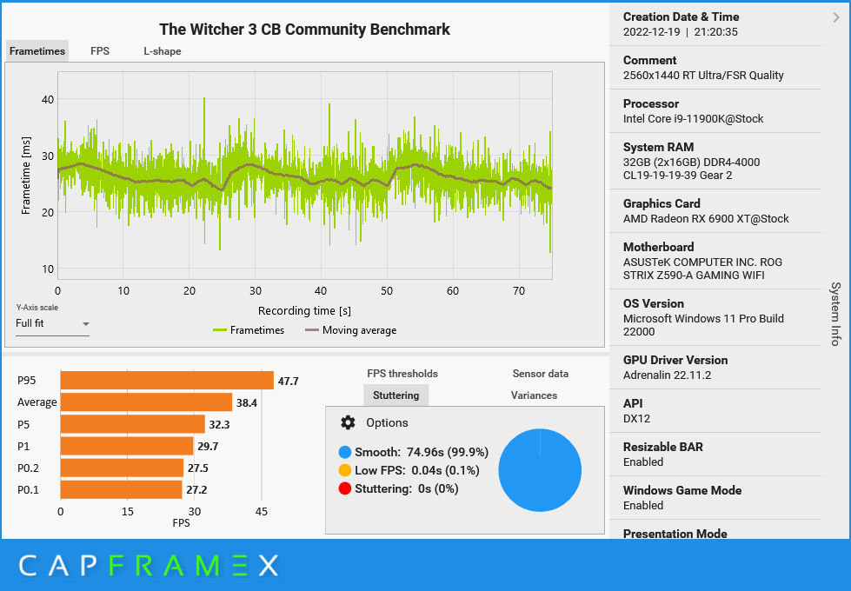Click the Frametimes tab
(37, 51)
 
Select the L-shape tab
(163, 51)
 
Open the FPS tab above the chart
(100, 51)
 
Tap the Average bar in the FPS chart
(146, 402)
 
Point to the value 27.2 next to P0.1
(196, 490)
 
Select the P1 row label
(23, 446)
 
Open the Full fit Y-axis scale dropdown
(53, 324)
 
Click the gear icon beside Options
(348, 422)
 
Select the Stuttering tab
(396, 395)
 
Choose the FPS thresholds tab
(402, 374)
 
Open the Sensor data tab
(541, 374)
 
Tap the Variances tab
(534, 395)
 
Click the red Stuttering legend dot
(345, 488)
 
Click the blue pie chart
(540, 470)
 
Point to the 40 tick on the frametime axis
(47, 99)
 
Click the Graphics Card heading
(662, 203)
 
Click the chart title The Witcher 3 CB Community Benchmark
(304, 30)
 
